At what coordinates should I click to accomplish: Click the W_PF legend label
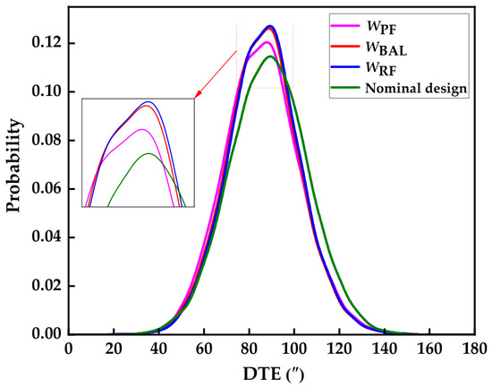382,28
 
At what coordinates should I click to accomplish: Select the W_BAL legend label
386,48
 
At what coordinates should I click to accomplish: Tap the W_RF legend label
381,68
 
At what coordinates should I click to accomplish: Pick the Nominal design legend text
416,89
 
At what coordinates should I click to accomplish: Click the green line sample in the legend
345,88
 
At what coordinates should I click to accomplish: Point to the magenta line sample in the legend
345,25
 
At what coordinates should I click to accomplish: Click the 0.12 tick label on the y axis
47,43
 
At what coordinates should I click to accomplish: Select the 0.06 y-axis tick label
47,189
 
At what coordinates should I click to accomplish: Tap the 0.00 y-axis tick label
47,334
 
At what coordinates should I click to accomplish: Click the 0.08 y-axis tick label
47,140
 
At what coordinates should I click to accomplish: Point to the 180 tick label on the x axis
474,349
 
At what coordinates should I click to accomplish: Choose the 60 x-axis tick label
204,349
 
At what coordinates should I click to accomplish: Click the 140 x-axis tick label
385,349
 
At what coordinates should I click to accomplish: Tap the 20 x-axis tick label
114,349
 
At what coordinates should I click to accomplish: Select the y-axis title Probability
14,166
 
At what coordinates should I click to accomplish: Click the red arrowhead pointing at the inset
198,95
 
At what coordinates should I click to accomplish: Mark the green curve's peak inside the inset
148,153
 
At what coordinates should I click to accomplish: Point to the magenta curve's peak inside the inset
142,129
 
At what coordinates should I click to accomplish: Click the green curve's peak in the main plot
270,56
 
